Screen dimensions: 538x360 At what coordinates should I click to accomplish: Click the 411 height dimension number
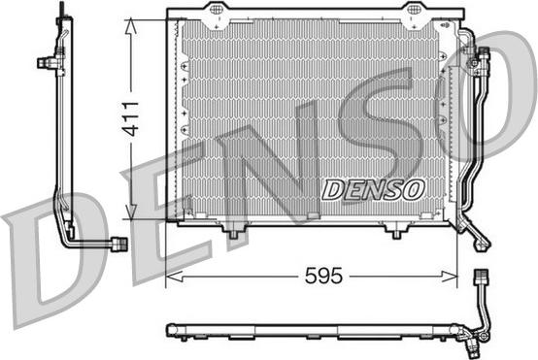131,118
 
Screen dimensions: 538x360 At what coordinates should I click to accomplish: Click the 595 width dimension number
323,276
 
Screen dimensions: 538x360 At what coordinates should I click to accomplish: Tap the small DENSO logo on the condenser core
373,189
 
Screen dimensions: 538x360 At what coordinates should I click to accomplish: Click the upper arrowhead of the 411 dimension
131,27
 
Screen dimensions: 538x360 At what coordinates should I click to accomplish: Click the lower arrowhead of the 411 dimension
131,212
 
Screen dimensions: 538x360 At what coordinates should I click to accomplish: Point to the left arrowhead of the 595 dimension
174,276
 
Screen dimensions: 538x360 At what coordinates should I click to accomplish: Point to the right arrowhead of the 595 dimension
449,276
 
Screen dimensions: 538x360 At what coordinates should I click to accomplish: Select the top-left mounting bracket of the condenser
216,16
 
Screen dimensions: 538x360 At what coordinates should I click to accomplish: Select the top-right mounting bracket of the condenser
412,16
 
